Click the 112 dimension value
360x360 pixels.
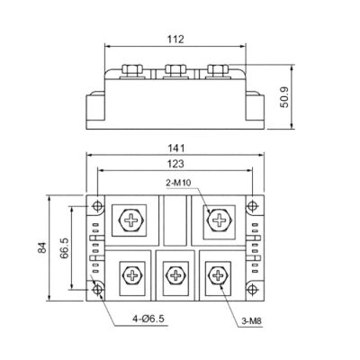(175, 40)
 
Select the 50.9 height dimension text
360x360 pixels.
(284, 97)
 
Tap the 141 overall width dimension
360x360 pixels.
(175, 148)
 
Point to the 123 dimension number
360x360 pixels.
(175, 164)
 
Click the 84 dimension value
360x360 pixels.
(43, 247)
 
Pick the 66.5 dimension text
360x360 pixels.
(65, 248)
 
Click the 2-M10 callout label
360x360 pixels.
(178, 183)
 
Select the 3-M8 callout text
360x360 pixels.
(252, 321)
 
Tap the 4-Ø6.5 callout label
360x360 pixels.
(148, 319)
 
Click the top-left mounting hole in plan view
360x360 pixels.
(97, 206)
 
